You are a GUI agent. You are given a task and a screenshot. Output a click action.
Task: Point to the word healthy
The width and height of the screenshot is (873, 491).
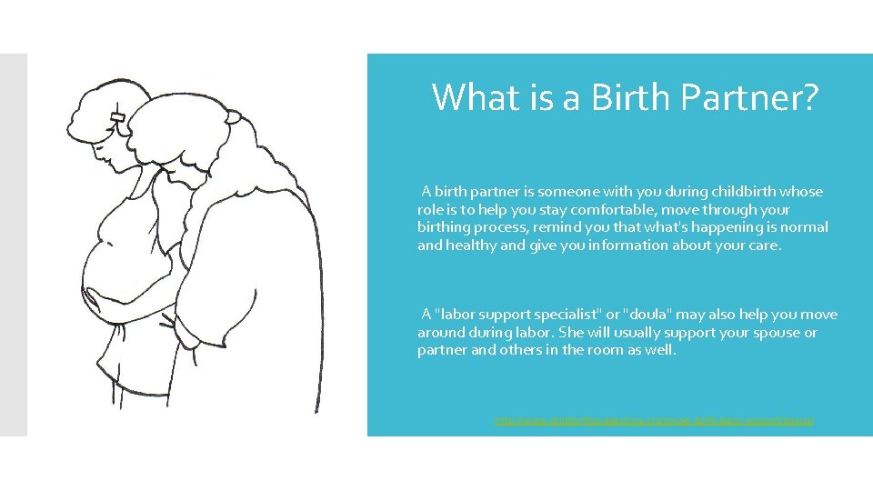472,245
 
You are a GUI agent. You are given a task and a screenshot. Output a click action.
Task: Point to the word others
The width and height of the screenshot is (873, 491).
521,350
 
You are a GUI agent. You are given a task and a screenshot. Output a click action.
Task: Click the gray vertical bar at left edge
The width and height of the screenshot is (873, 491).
14,245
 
